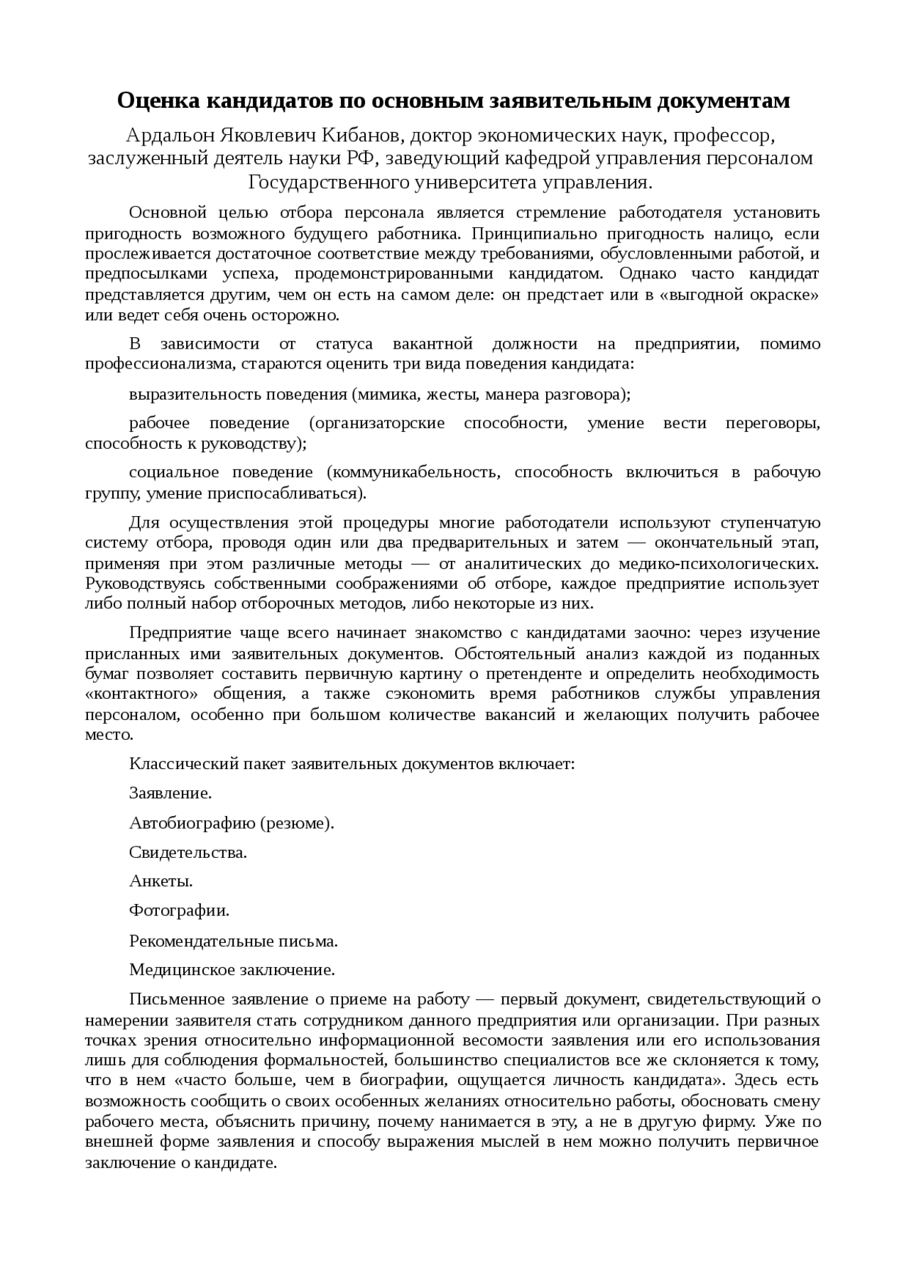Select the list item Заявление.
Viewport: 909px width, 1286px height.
(x=170, y=793)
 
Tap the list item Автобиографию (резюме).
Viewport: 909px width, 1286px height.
(x=232, y=823)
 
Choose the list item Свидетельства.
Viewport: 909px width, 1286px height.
(x=188, y=852)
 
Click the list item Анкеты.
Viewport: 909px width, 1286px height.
(x=161, y=881)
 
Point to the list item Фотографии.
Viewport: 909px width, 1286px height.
(x=179, y=910)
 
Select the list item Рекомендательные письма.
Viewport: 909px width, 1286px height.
(x=233, y=941)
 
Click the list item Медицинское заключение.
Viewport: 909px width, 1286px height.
(x=232, y=970)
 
